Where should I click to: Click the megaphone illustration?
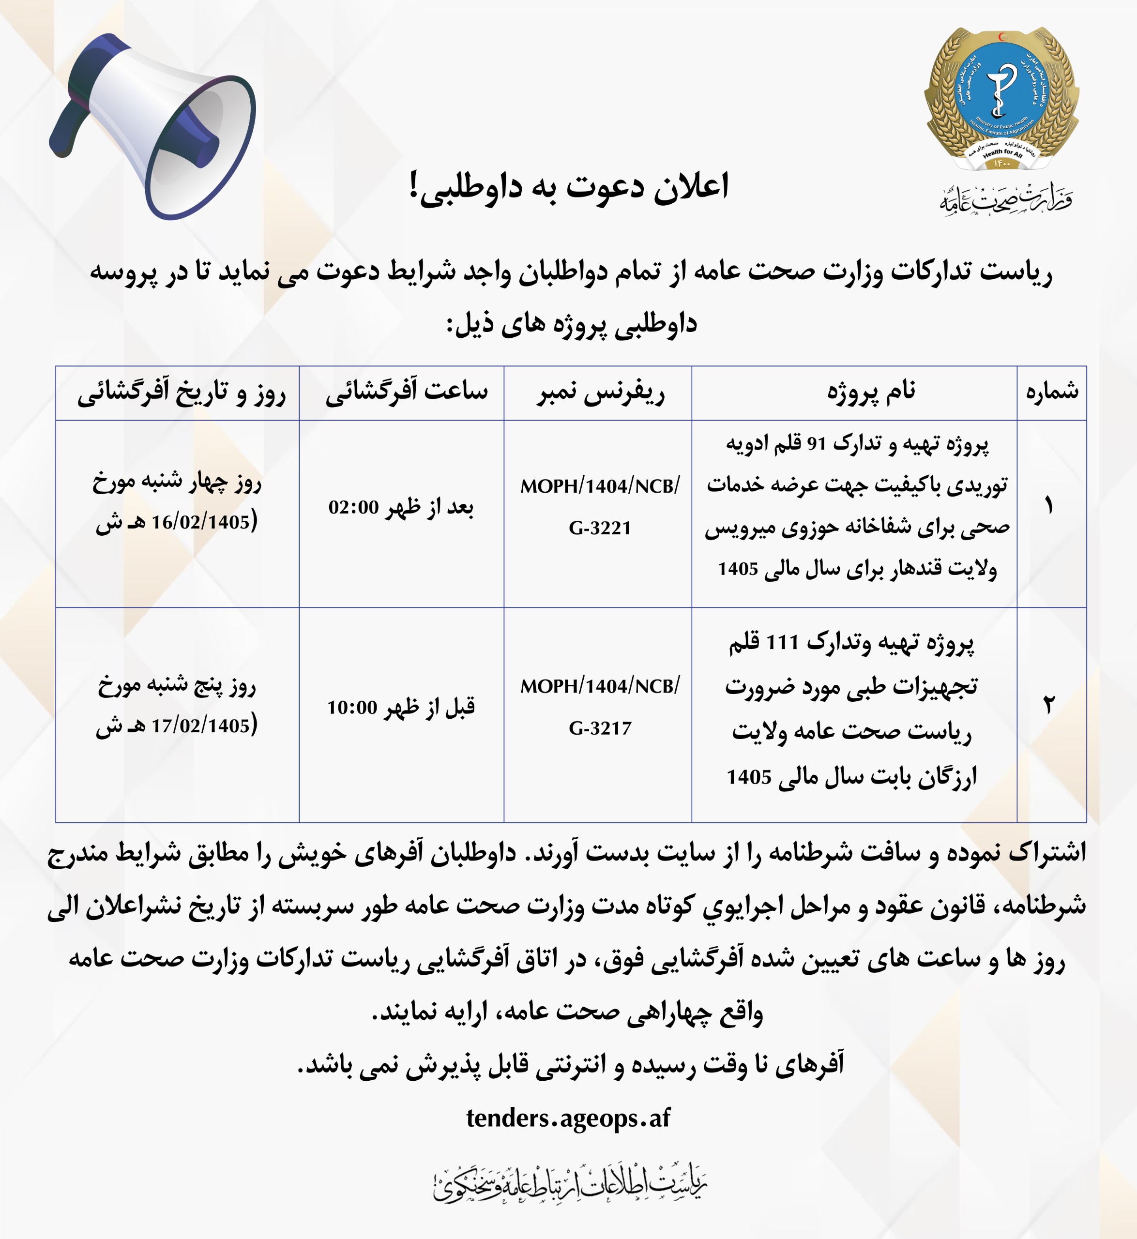[x=154, y=126]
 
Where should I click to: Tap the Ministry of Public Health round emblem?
[x=1001, y=98]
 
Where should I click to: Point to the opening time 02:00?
[x=353, y=508]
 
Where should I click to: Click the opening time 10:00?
[x=352, y=708]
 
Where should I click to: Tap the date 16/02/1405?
[x=200, y=522]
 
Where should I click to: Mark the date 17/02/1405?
[x=200, y=726]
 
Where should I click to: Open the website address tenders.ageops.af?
[x=568, y=1118]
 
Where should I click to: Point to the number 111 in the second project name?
[x=781, y=643]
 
